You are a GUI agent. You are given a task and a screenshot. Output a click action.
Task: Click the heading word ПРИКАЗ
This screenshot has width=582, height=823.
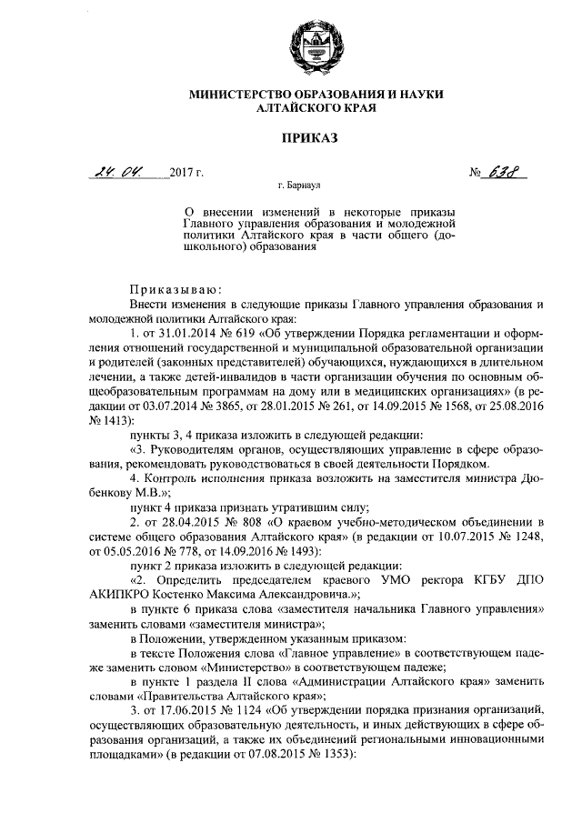click(x=308, y=138)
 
